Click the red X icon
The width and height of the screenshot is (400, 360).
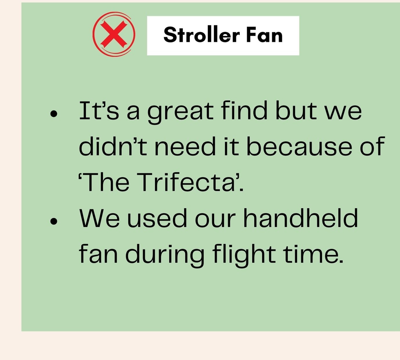click(114, 34)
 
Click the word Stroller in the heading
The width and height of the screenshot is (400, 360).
click(201, 35)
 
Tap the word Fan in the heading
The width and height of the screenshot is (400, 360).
click(264, 35)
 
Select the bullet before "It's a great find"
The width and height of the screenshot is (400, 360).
click(54, 114)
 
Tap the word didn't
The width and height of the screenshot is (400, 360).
click(113, 146)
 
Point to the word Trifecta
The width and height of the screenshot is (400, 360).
click(188, 182)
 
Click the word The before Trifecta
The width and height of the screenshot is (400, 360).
click(107, 182)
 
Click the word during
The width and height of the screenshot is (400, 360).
click(165, 256)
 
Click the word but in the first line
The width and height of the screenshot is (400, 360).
click(296, 110)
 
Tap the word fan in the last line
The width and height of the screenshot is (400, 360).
click(98, 254)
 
